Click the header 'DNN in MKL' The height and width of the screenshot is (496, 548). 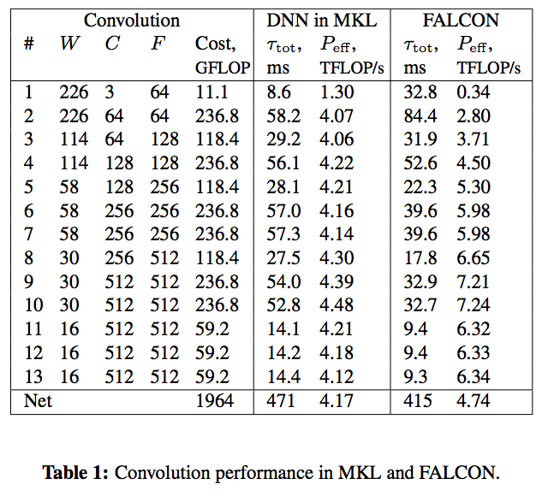(320, 20)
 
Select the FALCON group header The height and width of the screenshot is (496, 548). (460, 20)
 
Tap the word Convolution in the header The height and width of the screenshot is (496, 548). (132, 20)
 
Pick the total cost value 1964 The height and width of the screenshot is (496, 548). (214, 399)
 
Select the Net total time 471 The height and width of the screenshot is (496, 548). (278, 399)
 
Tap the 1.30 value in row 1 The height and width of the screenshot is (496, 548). (337, 92)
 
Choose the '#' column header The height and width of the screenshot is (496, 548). (28, 44)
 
